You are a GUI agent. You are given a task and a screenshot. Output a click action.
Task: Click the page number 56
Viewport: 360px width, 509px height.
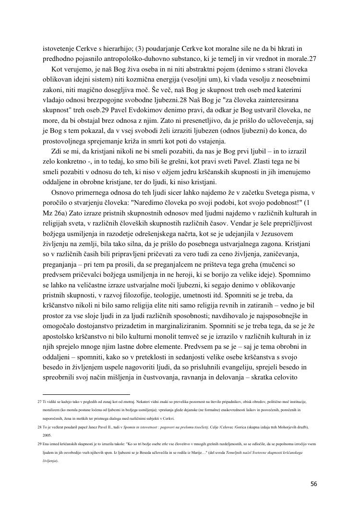point(313,484)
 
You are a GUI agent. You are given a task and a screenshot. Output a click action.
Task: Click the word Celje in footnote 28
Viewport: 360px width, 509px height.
point(216,427)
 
